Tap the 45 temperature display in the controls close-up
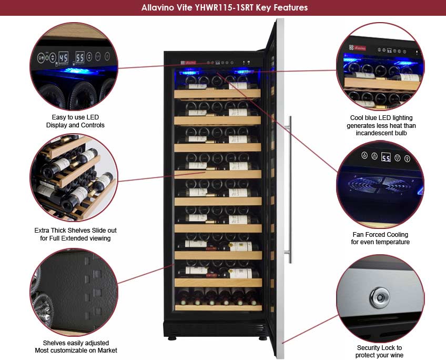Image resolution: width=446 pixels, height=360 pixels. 63,57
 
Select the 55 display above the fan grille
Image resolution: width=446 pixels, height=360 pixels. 386,157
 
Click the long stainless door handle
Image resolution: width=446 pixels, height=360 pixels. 290,189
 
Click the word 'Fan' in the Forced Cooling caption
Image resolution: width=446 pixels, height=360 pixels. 358,235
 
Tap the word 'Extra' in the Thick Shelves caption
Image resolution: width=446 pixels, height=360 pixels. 42,231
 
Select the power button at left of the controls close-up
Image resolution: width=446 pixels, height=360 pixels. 40,57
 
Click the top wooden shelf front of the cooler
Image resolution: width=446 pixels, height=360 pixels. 217,94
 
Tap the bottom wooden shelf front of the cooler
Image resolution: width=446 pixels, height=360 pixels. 218,307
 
